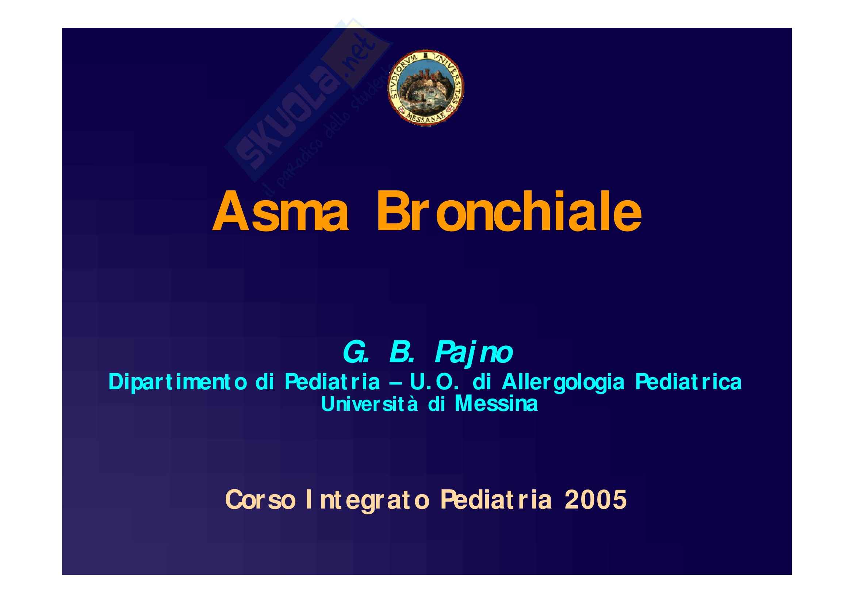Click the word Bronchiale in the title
(x=509, y=210)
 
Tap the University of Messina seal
(x=426, y=88)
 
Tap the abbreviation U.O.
(x=434, y=382)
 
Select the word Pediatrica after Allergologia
(x=688, y=382)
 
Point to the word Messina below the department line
(x=496, y=403)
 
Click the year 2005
(x=595, y=500)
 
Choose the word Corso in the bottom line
(x=260, y=500)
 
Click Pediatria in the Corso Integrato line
(x=496, y=500)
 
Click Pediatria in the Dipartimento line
(x=332, y=382)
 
